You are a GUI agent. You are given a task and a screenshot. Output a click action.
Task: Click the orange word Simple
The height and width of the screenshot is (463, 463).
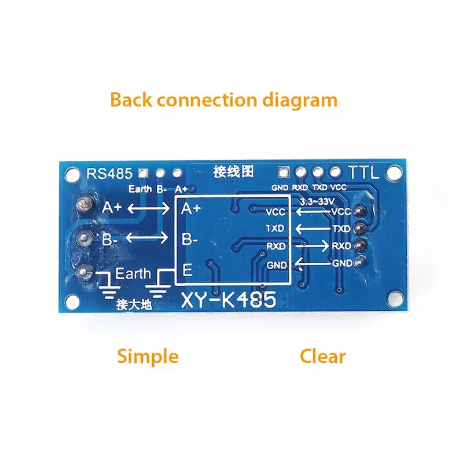(x=148, y=356)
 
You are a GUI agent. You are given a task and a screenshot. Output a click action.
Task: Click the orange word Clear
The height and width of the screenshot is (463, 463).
(x=322, y=356)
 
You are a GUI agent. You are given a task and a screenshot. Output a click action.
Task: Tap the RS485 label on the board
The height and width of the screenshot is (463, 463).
(x=109, y=172)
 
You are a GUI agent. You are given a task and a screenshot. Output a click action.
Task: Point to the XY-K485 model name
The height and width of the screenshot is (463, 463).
(x=229, y=301)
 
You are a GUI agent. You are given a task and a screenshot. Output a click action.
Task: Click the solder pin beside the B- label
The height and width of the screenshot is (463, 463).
(x=85, y=237)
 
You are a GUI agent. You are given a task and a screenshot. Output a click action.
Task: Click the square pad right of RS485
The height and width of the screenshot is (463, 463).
(x=142, y=172)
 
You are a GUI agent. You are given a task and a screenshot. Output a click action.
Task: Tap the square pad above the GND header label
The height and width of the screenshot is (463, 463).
(x=283, y=172)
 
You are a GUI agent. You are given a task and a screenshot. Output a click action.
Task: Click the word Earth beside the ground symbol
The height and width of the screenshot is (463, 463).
(x=133, y=273)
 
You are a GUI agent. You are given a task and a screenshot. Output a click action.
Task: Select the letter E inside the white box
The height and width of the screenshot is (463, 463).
(x=188, y=270)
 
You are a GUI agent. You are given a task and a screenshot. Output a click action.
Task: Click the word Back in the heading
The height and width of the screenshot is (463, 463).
(x=131, y=100)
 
